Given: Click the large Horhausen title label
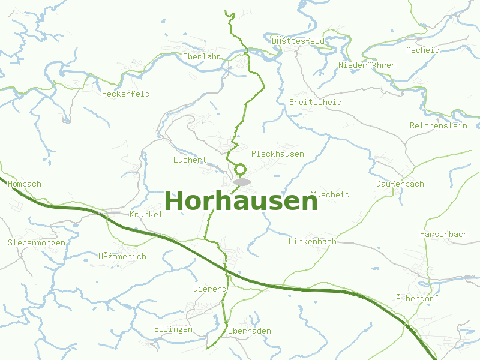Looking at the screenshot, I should pyautogui.click(x=241, y=202).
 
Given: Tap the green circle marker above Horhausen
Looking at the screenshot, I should pyautogui.click(x=241, y=169).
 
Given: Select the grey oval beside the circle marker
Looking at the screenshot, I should pyautogui.click(x=242, y=182).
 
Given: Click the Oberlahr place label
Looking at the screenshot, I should pyautogui.click(x=202, y=56).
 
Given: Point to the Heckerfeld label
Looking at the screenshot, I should pyautogui.click(x=126, y=94).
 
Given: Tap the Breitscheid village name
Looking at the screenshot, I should pyautogui.click(x=316, y=103).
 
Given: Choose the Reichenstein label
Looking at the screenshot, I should pyautogui.click(x=438, y=126).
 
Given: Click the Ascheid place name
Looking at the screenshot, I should pyautogui.click(x=423, y=50).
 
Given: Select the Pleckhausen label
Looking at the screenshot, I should pyautogui.click(x=278, y=154).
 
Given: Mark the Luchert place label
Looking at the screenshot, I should pyautogui.click(x=190, y=160).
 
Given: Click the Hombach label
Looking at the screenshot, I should pyautogui.click(x=25, y=184).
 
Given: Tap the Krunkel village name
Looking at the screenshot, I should pyautogui.click(x=146, y=215).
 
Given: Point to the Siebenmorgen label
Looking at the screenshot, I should pyautogui.click(x=37, y=243).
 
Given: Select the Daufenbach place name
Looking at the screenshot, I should pyautogui.click(x=400, y=184).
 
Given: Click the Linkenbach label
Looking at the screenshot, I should pyautogui.click(x=313, y=242).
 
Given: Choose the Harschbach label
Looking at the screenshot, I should pyautogui.click(x=444, y=234).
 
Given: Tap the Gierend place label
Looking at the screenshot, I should pyautogui.click(x=210, y=289).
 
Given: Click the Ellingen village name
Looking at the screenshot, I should pyautogui.click(x=173, y=329).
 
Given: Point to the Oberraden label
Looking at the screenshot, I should pyautogui.click(x=250, y=331).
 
